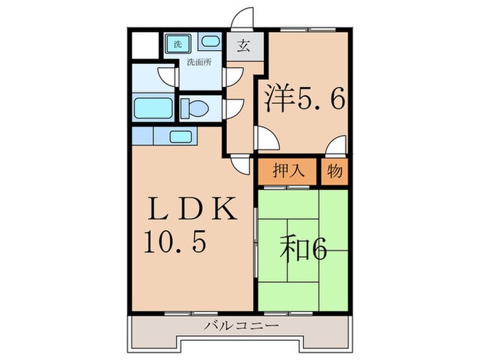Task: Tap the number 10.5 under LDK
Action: point(174,243)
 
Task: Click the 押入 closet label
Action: point(288,171)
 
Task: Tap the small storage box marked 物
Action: point(335,171)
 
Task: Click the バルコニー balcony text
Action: point(241,326)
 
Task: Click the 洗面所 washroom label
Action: point(199,63)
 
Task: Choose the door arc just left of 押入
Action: point(241,165)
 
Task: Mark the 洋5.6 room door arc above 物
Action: point(336,146)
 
